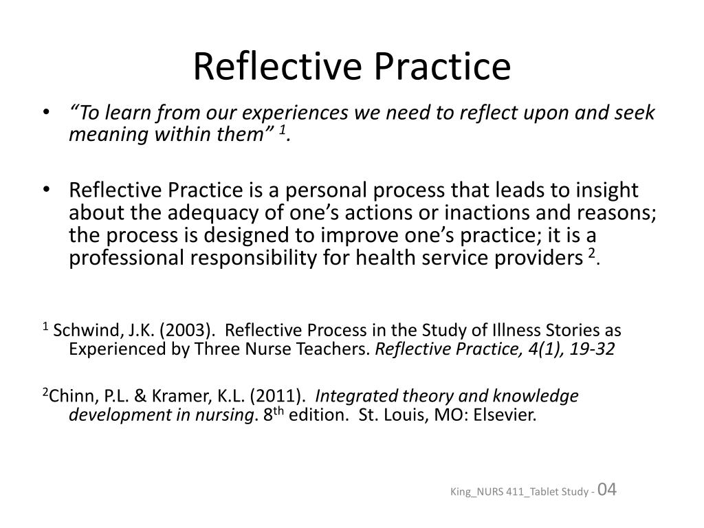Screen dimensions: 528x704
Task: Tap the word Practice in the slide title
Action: click(x=443, y=67)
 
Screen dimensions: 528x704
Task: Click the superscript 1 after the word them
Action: click(x=281, y=129)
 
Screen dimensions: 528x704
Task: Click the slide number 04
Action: click(x=608, y=489)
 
